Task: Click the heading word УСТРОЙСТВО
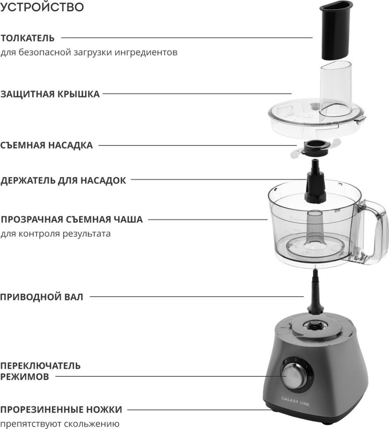(42, 8)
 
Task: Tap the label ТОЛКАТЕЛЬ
(27, 38)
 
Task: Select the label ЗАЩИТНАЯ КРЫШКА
(50, 94)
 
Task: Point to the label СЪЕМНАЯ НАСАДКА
(46, 146)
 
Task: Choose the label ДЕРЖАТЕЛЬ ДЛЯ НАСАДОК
(63, 180)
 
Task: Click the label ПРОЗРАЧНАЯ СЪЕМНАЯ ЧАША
(72, 219)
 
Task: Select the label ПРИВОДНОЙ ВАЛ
(42, 297)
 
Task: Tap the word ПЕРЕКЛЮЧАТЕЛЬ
(40, 366)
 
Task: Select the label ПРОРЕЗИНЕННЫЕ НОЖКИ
(61, 410)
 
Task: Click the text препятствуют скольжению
(60, 424)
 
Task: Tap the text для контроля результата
(56, 233)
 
